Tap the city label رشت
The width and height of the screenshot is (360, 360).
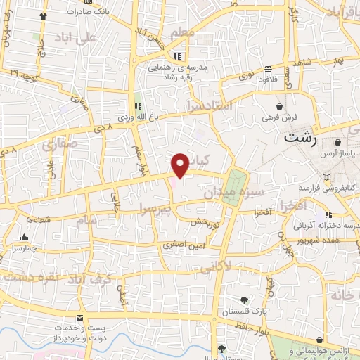click(301, 138)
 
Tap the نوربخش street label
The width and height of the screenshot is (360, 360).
click(208, 221)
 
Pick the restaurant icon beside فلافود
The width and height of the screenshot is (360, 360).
click(269, 70)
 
